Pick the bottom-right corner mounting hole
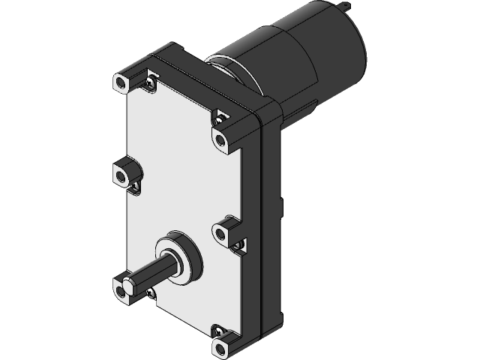click(219, 347)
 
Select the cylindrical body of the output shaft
click(157, 271)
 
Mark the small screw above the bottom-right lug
click(218, 329)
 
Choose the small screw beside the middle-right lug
click(241, 243)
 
